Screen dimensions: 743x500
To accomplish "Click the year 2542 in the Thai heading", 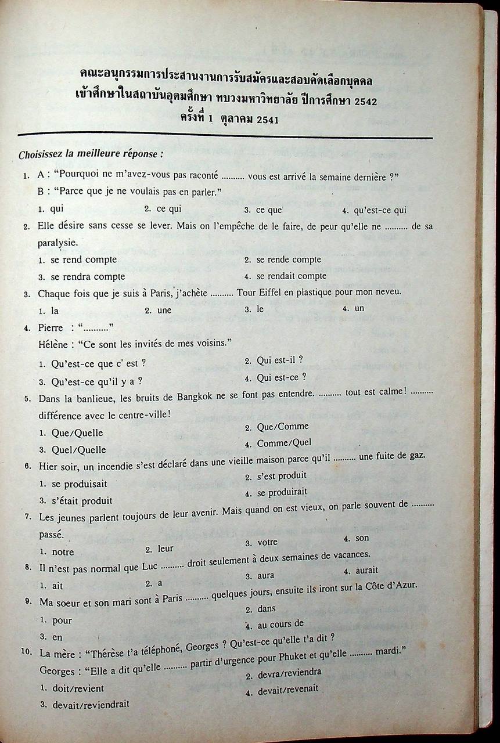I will (364, 102).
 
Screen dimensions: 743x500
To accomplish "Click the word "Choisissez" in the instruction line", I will (42, 155).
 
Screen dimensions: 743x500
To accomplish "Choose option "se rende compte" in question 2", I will (289, 259).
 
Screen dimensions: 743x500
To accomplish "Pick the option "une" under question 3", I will (164, 310).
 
